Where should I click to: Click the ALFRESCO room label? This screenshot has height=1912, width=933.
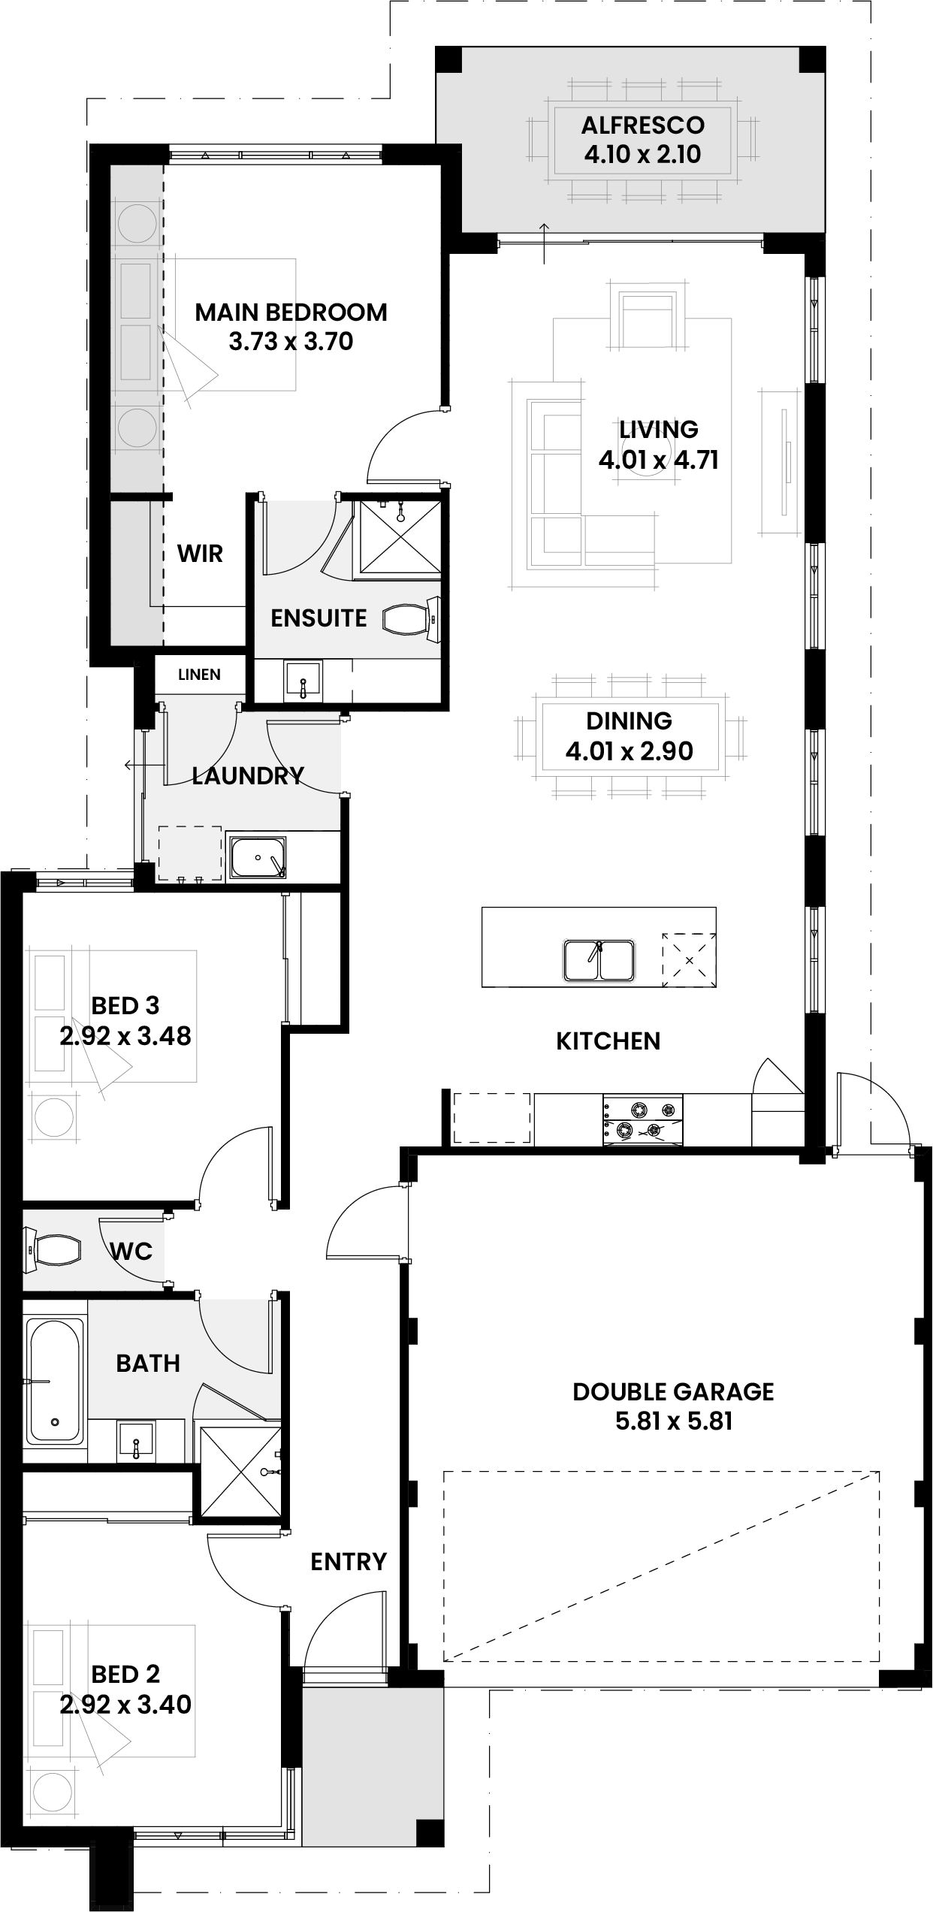(642, 125)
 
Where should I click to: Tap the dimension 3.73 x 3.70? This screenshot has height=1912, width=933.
(291, 342)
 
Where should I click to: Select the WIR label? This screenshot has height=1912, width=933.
(200, 554)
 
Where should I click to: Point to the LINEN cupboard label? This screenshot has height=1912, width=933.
(199, 675)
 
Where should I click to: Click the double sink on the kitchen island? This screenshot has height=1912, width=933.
(599, 959)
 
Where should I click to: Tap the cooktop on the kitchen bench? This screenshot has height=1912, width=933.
(642, 1119)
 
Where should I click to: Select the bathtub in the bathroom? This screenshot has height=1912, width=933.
(54, 1380)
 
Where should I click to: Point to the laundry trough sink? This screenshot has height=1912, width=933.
(256, 857)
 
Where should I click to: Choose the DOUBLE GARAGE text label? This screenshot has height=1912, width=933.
(673, 1391)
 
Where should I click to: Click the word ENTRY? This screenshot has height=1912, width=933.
(349, 1562)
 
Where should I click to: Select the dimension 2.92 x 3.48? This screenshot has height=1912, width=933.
(125, 1036)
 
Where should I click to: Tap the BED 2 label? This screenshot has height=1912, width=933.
(125, 1674)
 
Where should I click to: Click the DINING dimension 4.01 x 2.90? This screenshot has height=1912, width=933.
(629, 751)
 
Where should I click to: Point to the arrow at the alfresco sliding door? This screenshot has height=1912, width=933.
(544, 244)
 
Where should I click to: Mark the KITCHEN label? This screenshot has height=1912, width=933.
(608, 1041)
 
